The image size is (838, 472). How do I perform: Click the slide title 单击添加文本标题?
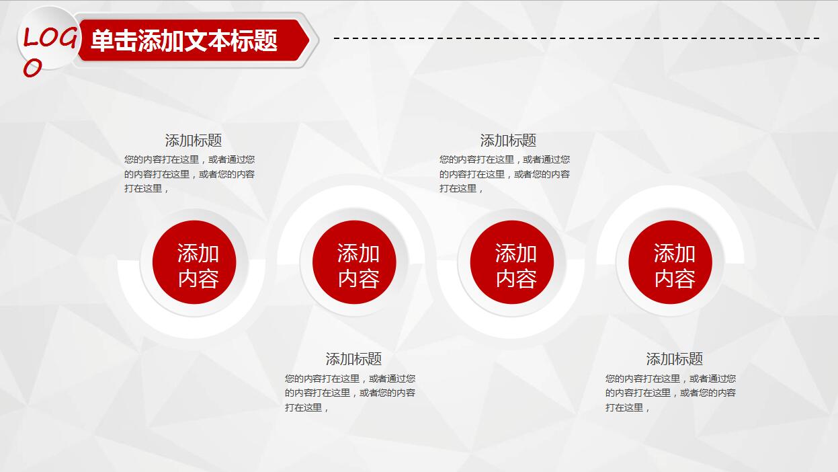tap(183, 41)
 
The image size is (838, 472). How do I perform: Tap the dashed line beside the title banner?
tap(576, 38)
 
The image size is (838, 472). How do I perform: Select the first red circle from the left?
tap(194, 262)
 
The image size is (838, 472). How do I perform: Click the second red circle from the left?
tap(354, 262)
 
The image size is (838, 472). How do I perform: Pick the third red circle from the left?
tap(512, 262)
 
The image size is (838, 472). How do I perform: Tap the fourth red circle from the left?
tap(670, 262)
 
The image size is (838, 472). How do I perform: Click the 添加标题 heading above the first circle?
tap(194, 141)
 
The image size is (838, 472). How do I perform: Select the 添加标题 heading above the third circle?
tap(508, 141)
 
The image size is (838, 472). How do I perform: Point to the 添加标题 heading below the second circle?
tap(353, 359)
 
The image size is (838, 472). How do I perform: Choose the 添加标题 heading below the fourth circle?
tap(675, 359)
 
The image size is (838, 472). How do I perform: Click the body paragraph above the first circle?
tap(190, 174)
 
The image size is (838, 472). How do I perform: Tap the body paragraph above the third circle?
tap(505, 174)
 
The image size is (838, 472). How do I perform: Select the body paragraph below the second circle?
tap(350, 393)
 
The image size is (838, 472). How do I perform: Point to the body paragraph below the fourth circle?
tap(671, 393)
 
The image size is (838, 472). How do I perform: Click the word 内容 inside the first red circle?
tap(198, 278)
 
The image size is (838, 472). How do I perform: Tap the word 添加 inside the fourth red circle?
tap(675, 253)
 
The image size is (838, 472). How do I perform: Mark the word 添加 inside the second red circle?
tap(358, 253)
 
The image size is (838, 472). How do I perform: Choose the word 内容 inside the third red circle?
tap(516, 278)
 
